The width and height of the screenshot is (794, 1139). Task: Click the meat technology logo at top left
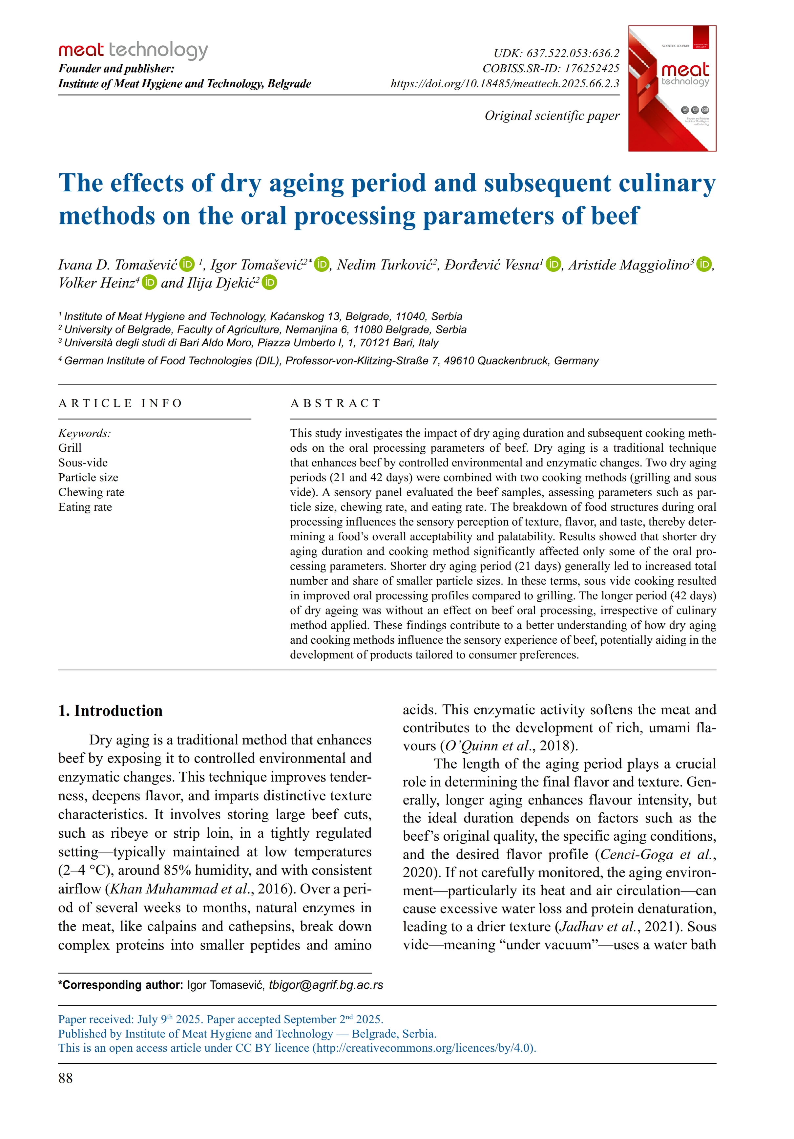coord(133,50)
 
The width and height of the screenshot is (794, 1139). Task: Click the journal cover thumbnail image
coord(672,88)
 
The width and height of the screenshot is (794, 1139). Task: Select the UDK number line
coord(556,53)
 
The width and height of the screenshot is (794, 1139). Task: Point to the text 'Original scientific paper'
coord(552,116)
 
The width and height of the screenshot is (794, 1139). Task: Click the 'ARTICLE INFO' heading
coord(120,403)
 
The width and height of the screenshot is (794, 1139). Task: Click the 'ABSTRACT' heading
coord(335,403)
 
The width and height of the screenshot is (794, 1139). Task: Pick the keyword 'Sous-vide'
coord(83,462)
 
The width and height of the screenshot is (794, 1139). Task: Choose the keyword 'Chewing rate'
coord(91,492)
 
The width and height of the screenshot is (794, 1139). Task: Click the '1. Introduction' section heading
coord(110,710)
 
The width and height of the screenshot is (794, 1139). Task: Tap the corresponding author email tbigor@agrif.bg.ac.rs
coord(326,985)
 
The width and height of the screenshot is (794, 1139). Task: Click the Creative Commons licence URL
coord(424,1048)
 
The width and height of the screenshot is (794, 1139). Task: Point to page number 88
coord(66,1078)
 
